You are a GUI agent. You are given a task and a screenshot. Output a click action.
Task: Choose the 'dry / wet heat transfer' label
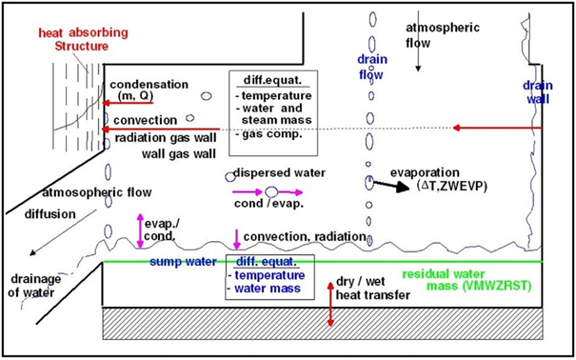tap(377, 290)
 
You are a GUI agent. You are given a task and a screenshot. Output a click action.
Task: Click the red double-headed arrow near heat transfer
tap(329, 303)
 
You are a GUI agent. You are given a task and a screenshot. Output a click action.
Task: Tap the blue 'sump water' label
tap(185, 260)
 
